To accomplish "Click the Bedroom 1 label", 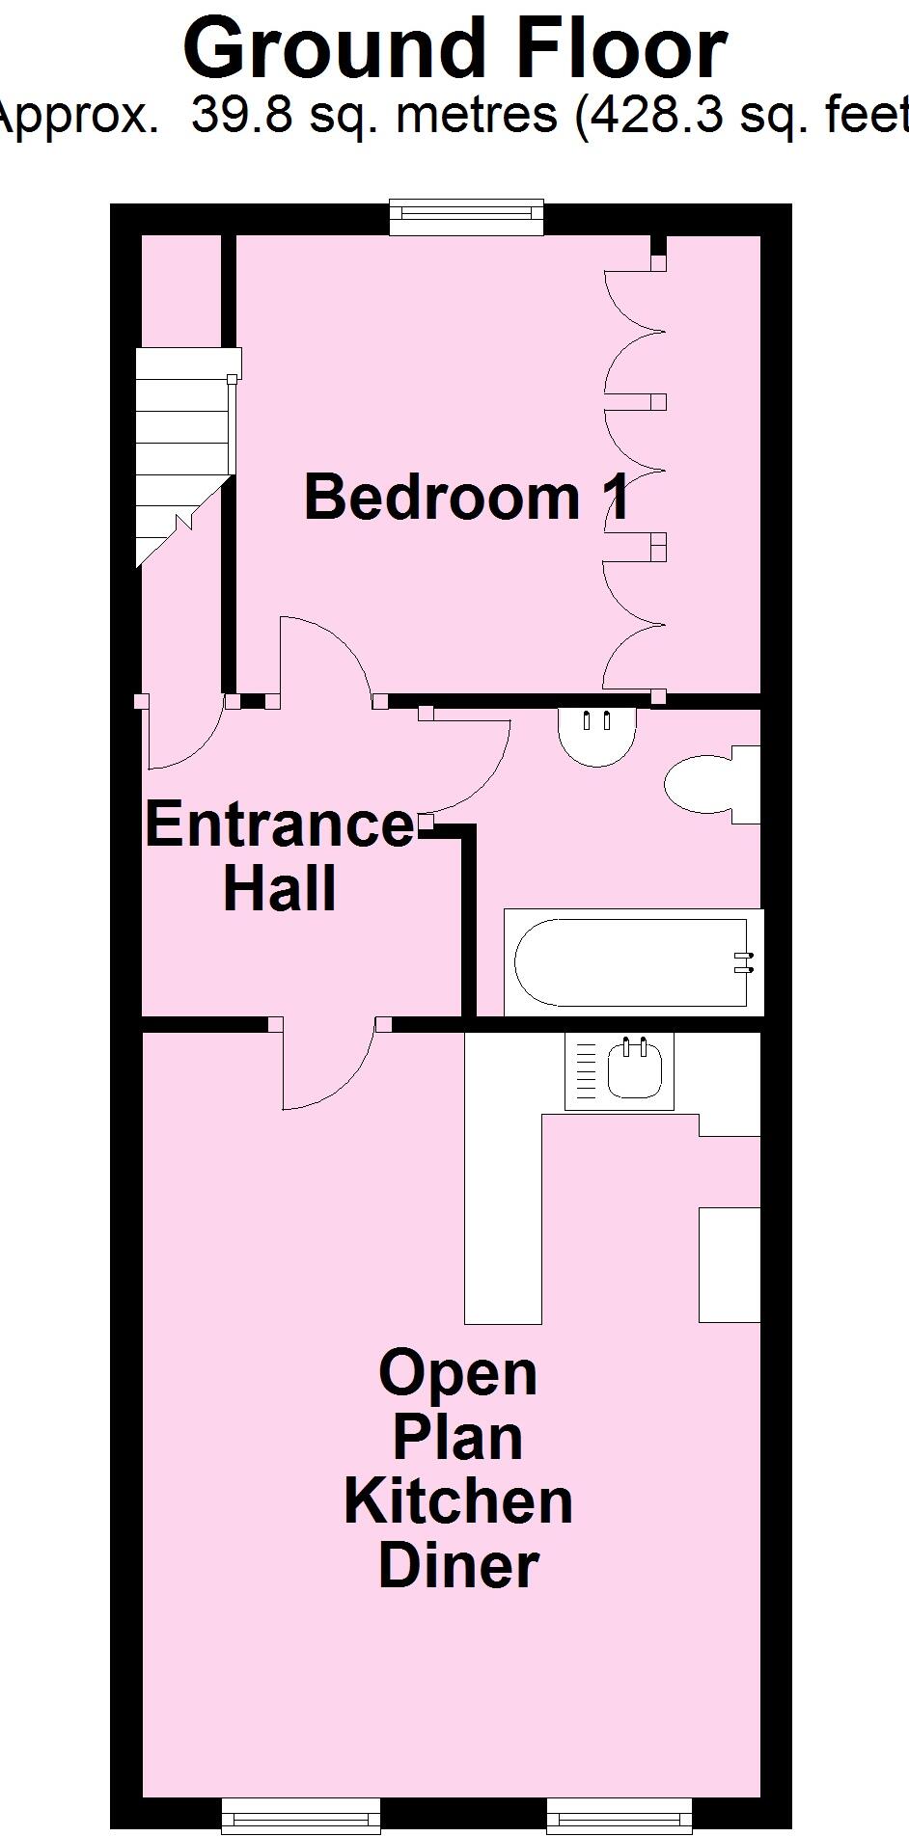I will pos(467,497).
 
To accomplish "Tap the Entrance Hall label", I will pos(280,856).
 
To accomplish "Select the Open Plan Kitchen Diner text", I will pos(458,1469).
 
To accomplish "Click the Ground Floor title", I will pos(454,50).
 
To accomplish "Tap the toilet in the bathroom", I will pos(710,784).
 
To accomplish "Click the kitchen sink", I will pos(635,1070).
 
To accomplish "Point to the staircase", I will pos(183,453).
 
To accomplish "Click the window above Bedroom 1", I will pos(466,217).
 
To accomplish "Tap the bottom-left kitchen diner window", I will pos(301,1815).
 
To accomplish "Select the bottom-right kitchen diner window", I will pos(620,1815).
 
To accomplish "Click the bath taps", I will pos(743,962).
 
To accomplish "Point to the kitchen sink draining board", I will pos(586,1070).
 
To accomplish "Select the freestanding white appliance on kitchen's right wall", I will pos(730,1264).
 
